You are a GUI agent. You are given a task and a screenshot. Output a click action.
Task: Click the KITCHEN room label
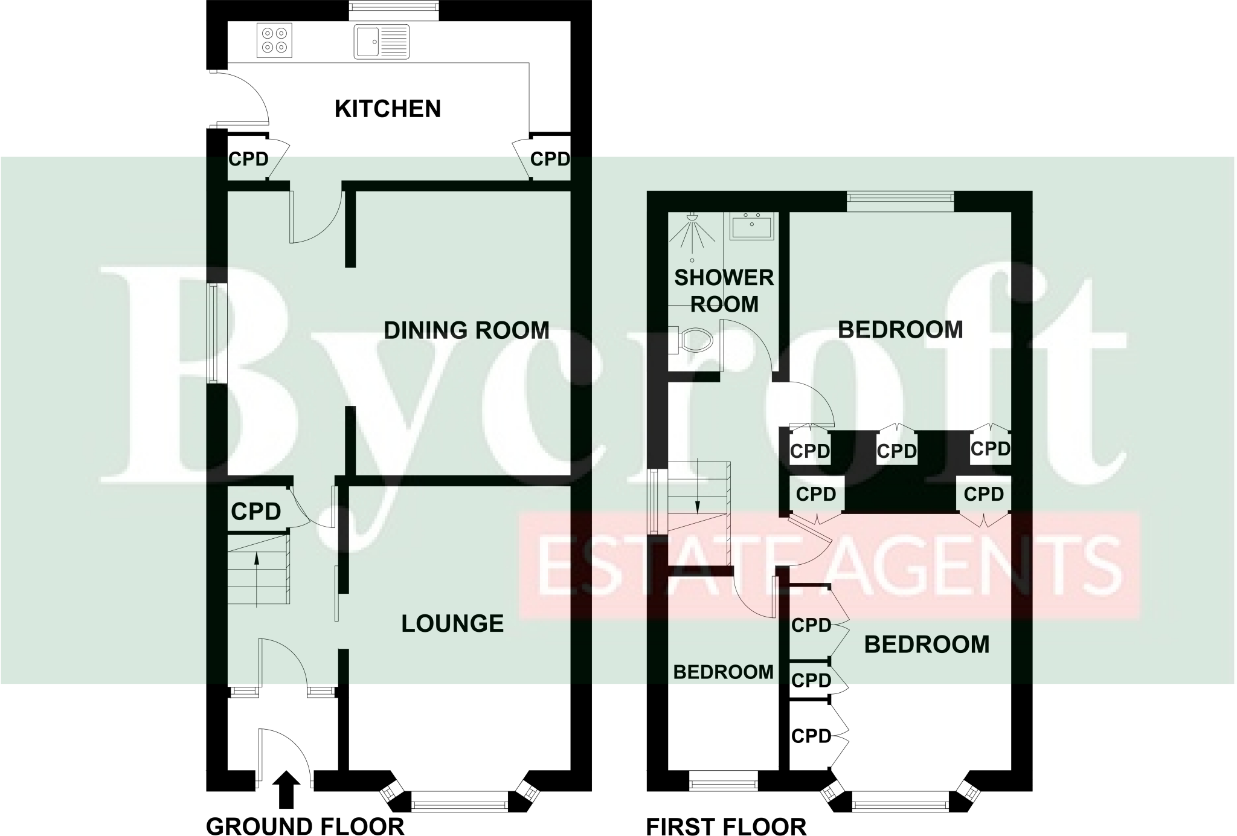tap(387, 109)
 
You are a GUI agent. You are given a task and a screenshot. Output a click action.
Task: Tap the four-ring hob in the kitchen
tap(274, 40)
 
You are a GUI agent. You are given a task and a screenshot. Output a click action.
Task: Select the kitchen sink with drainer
tap(381, 42)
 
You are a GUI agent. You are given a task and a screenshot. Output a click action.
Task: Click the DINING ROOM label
tap(466, 330)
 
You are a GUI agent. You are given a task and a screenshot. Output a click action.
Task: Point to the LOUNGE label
tap(452, 623)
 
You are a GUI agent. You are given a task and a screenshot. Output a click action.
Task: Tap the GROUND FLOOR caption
tap(305, 826)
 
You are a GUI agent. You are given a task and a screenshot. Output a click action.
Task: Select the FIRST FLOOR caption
tap(726, 826)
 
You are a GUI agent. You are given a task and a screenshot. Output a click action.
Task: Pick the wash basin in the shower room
tap(751, 227)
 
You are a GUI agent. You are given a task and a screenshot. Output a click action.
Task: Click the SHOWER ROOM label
tap(724, 291)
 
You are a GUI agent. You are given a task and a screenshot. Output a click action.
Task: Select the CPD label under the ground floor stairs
tap(256, 512)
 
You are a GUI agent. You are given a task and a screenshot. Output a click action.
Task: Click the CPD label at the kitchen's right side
tap(550, 159)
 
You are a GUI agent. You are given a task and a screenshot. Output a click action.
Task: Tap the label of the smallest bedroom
tap(723, 672)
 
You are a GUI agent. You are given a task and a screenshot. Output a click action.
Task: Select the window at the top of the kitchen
tap(394, 7)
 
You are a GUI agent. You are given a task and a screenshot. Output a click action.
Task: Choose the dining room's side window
tap(214, 333)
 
